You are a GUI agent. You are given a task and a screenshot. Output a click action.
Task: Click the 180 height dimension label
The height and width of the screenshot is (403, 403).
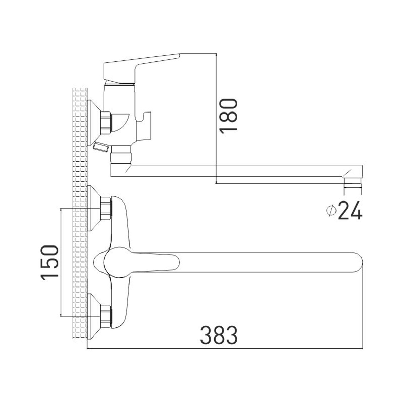pos(228,116)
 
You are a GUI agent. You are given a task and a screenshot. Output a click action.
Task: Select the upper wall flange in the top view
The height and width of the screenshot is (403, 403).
pos(93,208)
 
